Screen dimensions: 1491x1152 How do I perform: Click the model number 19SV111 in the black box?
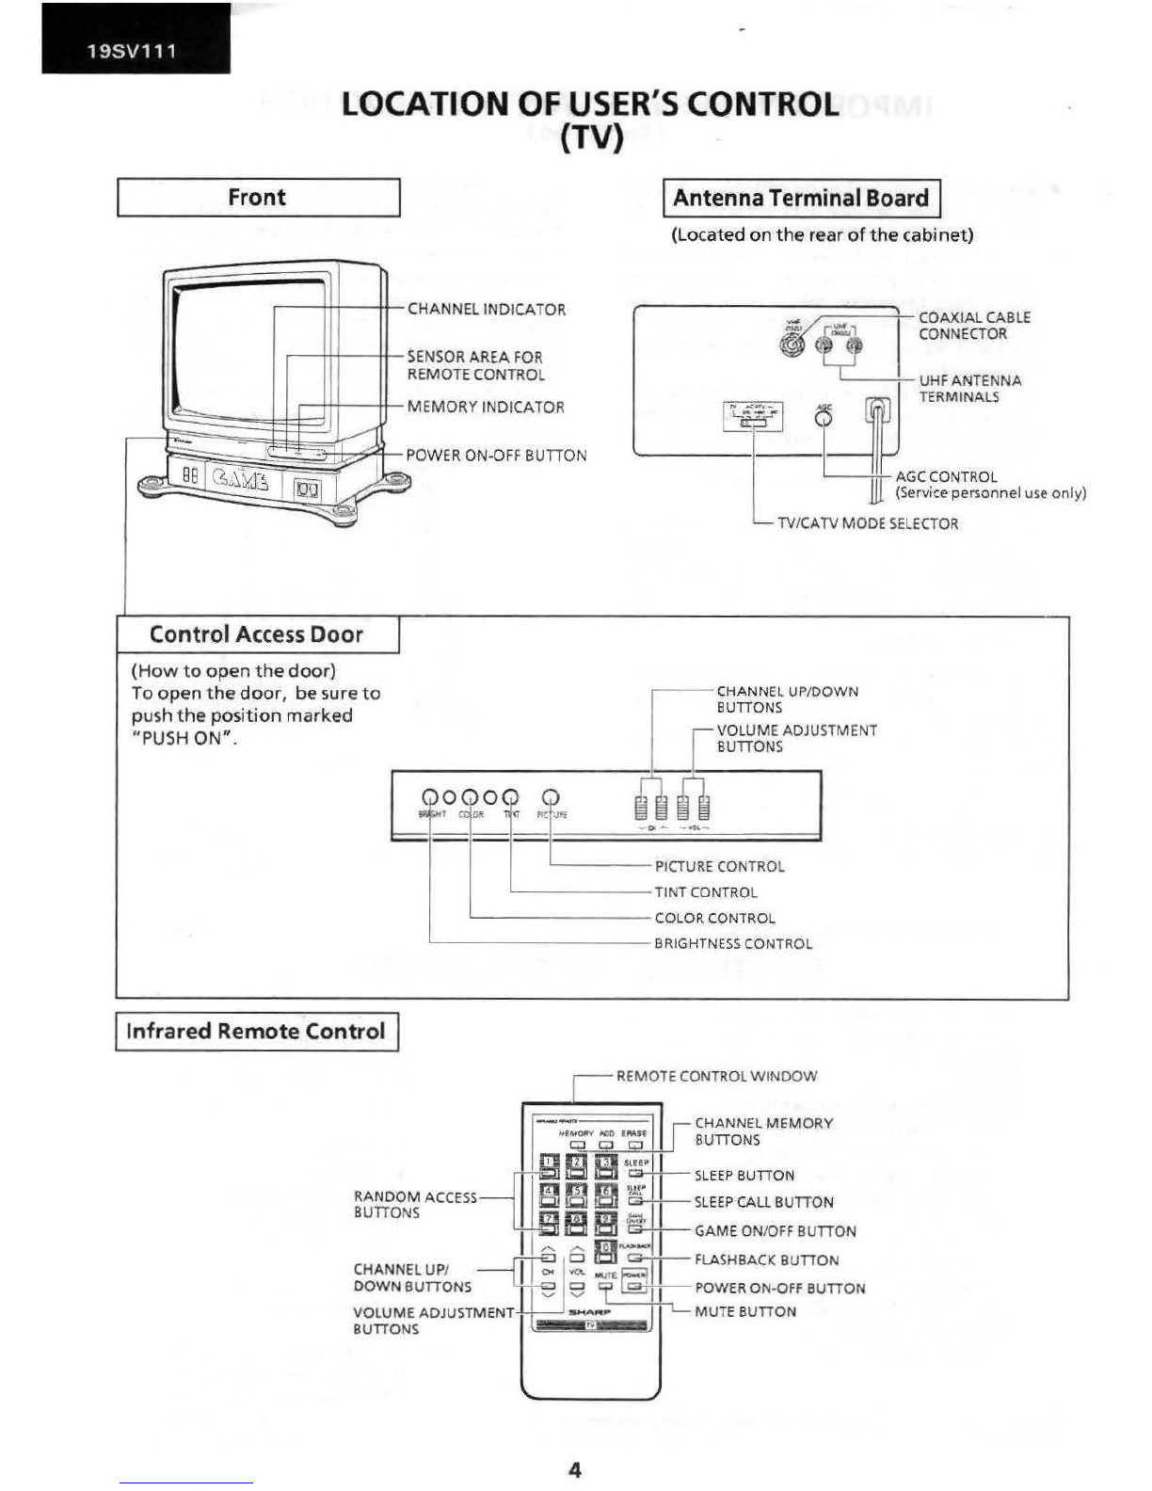pyautogui.click(x=132, y=51)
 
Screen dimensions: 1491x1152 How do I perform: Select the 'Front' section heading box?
pyautogui.click(x=258, y=198)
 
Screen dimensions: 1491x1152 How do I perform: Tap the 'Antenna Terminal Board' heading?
pyautogui.click(x=801, y=199)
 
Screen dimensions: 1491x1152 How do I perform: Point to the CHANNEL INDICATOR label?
pyautogui.click(x=486, y=310)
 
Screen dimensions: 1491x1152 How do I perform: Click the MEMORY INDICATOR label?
pyautogui.click(x=486, y=408)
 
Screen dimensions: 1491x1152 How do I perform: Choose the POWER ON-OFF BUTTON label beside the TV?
pyautogui.click(x=496, y=456)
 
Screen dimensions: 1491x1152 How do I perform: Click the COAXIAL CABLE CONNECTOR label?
pyautogui.click(x=974, y=326)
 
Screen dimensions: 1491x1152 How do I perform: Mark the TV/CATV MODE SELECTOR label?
pyautogui.click(x=867, y=523)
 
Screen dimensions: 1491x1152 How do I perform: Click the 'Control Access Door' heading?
pyautogui.click(x=256, y=634)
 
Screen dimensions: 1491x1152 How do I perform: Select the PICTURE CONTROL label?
pyautogui.click(x=719, y=866)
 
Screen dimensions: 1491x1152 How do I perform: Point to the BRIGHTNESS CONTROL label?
pyautogui.click(x=733, y=943)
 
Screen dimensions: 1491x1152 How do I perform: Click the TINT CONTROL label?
pyautogui.click(x=706, y=892)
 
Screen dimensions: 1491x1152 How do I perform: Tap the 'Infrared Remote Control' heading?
pyautogui.click(x=256, y=1031)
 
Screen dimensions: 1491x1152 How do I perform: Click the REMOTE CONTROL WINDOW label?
pyautogui.click(x=716, y=1076)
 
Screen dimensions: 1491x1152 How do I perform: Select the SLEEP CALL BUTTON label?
pyautogui.click(x=763, y=1202)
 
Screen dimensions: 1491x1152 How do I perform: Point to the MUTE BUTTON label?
pyautogui.click(x=744, y=1311)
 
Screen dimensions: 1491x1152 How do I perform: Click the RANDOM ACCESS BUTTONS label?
pyautogui.click(x=414, y=1205)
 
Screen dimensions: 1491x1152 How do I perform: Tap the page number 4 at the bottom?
pyautogui.click(x=575, y=1469)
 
